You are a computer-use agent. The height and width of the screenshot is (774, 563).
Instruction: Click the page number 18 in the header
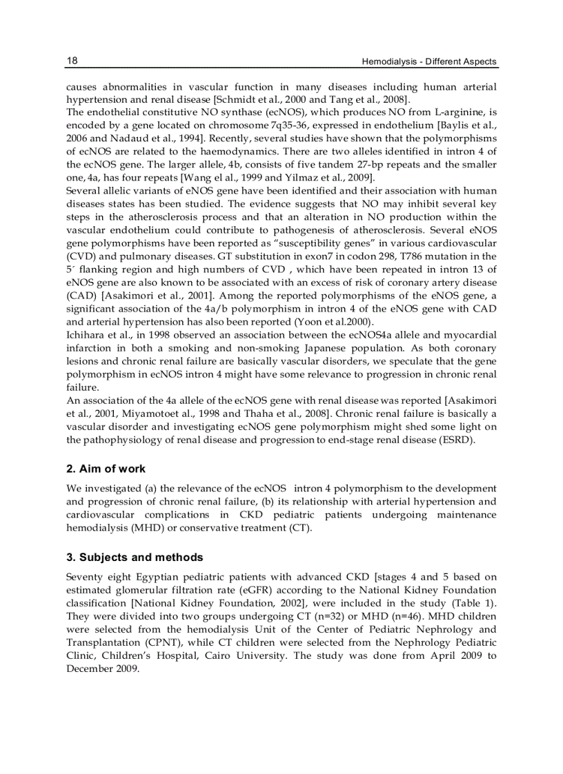pos(72,61)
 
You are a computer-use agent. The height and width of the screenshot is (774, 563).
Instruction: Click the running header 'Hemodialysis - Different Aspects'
pos(429,62)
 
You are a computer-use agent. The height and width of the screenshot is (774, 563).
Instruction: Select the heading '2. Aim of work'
pos(106,469)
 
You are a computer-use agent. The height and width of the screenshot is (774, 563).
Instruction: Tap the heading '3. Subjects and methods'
pos(135,557)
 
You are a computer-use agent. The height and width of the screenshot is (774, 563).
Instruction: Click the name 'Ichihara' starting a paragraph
pos(86,335)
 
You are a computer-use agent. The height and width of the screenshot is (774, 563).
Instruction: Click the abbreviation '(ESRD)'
pos(456,440)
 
